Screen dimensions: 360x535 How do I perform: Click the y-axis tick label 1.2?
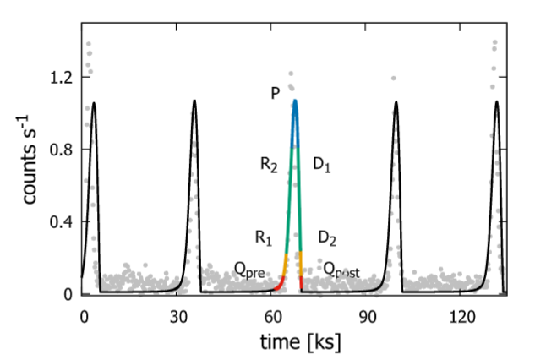(59, 77)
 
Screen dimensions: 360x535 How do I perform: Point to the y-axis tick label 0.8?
(59, 150)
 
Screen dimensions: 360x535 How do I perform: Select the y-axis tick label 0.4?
(59, 221)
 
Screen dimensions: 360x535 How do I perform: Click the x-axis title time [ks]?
(295, 342)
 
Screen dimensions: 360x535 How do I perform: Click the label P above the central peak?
(276, 93)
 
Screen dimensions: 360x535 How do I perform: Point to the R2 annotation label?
(269, 166)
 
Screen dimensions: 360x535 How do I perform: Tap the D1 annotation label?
(322, 166)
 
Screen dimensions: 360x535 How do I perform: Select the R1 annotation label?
(264, 237)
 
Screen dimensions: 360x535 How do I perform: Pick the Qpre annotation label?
(250, 270)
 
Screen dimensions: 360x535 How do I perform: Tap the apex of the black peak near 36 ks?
(194, 101)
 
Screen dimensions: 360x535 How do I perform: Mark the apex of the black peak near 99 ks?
(396, 103)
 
